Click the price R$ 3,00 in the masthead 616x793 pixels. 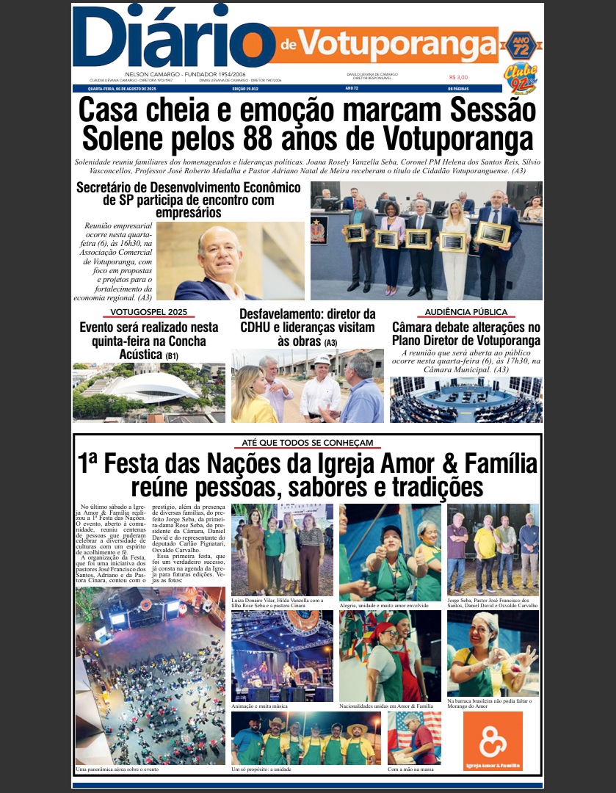458,76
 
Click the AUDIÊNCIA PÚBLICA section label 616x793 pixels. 466,312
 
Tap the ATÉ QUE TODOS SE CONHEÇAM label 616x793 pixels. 308,443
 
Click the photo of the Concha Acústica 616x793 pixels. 149,393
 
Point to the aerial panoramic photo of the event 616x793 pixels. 150,676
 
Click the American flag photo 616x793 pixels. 414,737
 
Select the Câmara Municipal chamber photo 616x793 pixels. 466,399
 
